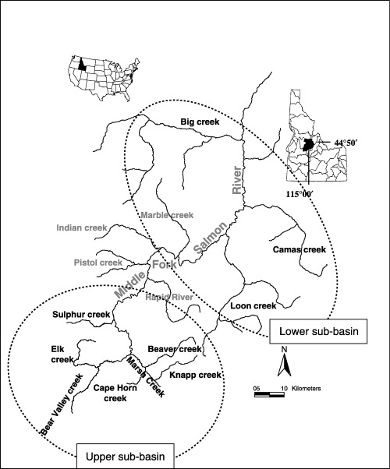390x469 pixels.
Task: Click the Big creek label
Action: pos(200,122)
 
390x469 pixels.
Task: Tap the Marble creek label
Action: pos(165,215)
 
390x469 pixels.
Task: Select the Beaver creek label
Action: pos(175,350)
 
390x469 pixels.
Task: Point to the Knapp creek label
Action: pos(196,375)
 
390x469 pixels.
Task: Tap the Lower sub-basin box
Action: pos(317,331)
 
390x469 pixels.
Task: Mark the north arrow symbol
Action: pos(285,362)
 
